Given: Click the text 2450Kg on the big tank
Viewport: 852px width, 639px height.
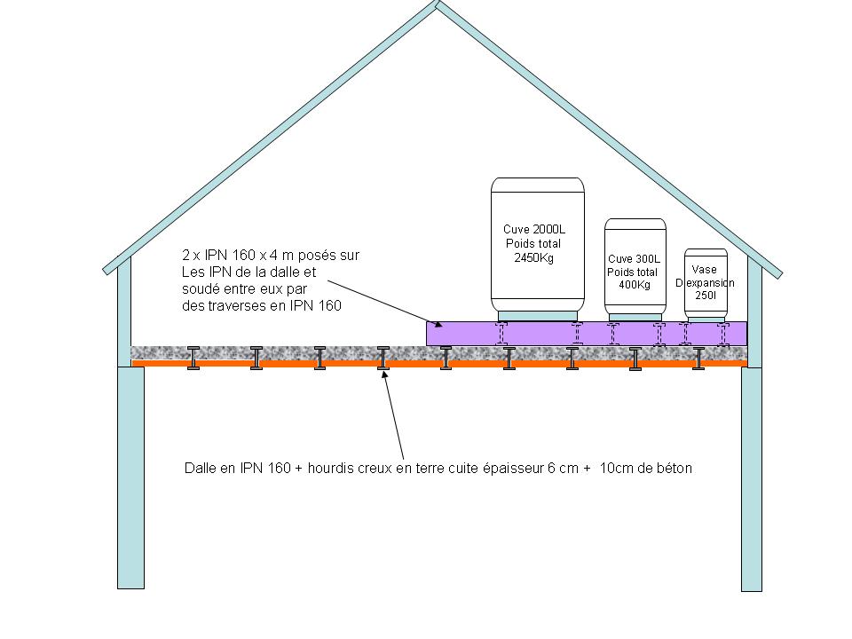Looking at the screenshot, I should pos(533,258).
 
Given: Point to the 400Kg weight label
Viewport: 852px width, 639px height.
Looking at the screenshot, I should pos(634,285).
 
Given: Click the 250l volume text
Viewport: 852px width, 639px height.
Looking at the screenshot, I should pos(706,295).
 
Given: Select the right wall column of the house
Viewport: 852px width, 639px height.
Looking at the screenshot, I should pos(752,478).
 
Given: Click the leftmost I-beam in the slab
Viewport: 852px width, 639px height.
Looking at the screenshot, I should pos(193,357).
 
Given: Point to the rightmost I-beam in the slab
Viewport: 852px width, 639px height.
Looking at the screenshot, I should pos(699,358).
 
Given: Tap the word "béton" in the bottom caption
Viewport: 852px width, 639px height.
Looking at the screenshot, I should pos(674,468).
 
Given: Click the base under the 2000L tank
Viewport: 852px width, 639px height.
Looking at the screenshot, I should pos(538,315).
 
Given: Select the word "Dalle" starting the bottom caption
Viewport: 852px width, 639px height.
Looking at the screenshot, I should pos(201,468).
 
